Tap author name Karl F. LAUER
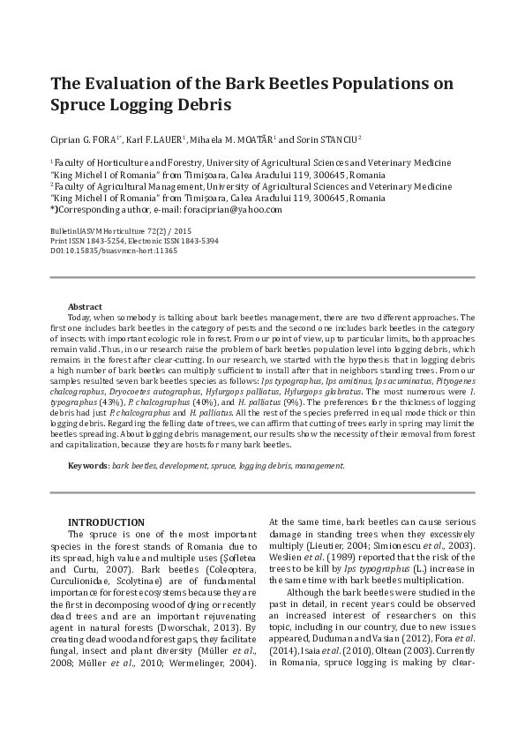tap(154, 139)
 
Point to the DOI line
tap(114, 250)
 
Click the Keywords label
tap(89, 464)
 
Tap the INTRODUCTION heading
tap(107, 522)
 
